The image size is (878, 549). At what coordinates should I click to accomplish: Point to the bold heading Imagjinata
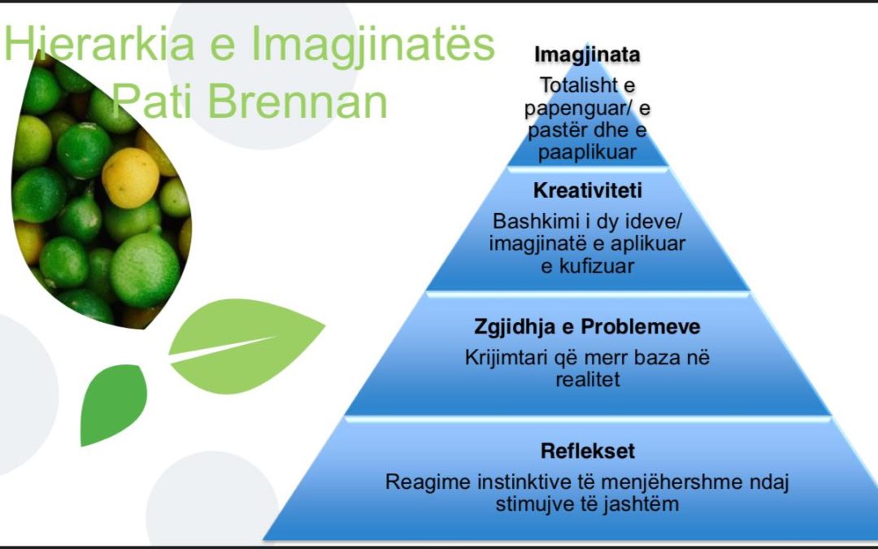[x=587, y=55]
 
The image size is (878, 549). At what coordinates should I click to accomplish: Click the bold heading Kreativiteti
[x=588, y=190]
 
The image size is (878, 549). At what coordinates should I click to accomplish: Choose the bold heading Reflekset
[x=588, y=451]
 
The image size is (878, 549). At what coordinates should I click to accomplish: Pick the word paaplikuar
[x=587, y=152]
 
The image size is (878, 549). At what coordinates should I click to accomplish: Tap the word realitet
[x=588, y=379]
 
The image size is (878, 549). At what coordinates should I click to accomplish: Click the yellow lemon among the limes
[x=130, y=177]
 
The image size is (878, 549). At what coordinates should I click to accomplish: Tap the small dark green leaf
[x=114, y=403]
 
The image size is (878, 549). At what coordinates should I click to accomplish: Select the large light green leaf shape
[x=246, y=345]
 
